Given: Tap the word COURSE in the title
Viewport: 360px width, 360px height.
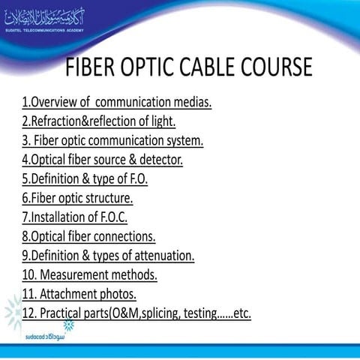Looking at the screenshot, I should tap(268, 67).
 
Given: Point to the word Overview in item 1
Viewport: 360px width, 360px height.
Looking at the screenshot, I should tap(53, 102).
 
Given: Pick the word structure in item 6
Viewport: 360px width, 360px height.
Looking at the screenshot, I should tap(108, 199).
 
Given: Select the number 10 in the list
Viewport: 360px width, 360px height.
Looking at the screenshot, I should tap(28, 275).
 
